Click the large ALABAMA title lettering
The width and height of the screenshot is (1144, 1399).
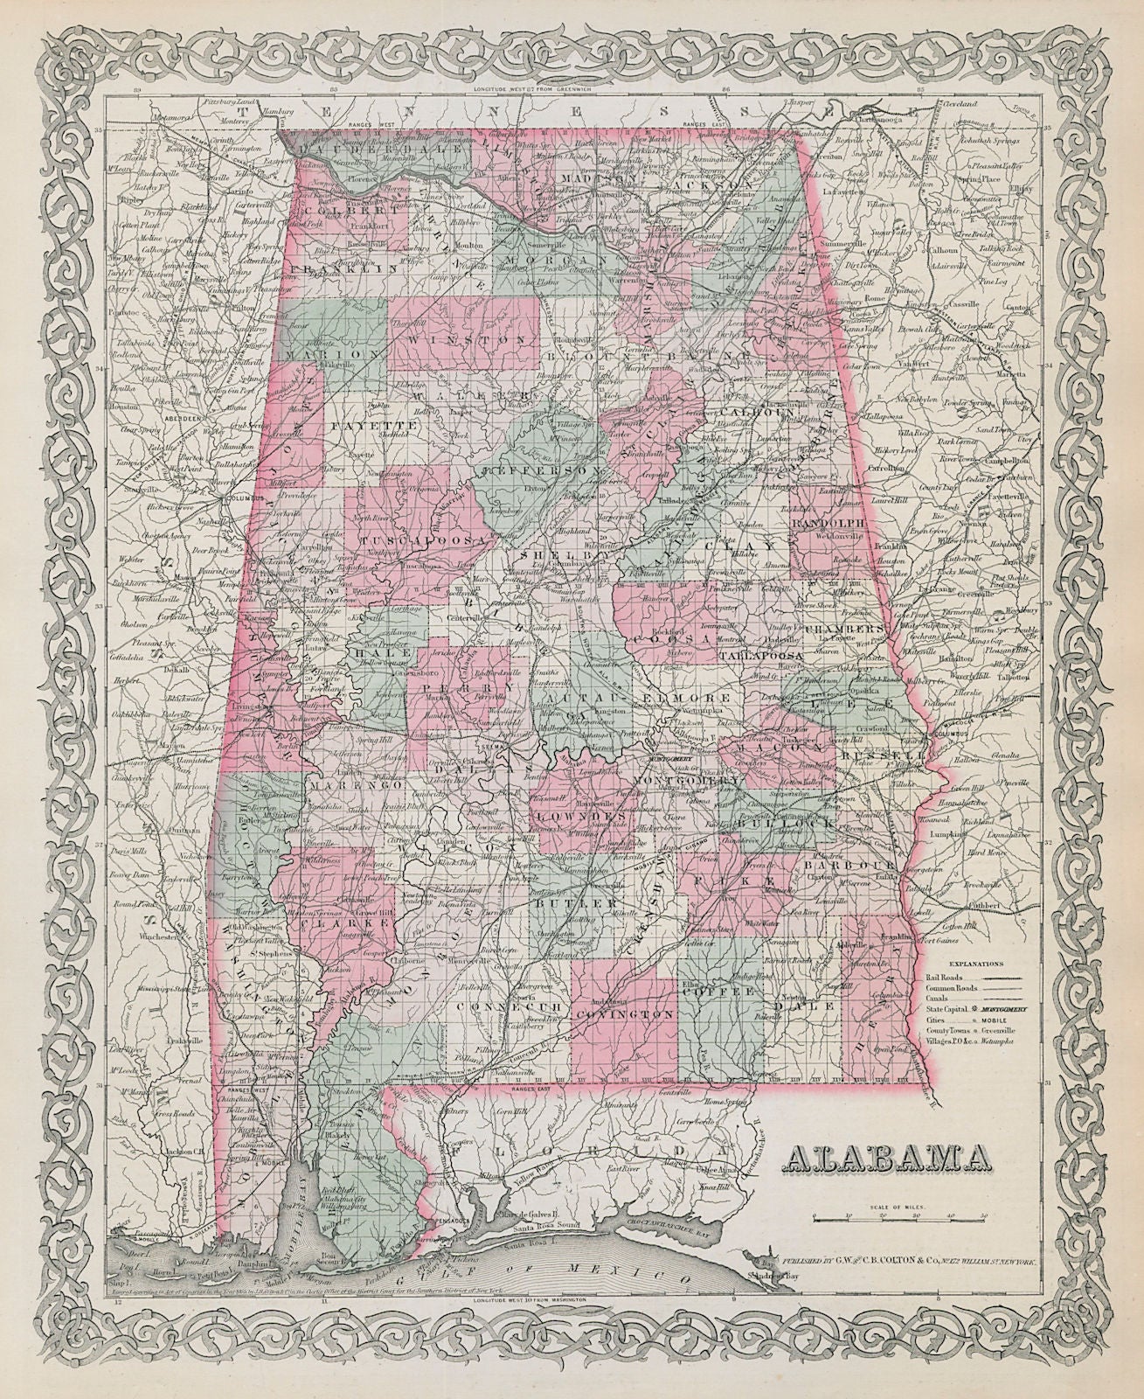pyautogui.click(x=891, y=1159)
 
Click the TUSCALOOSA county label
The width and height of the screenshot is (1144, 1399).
pyautogui.click(x=430, y=540)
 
